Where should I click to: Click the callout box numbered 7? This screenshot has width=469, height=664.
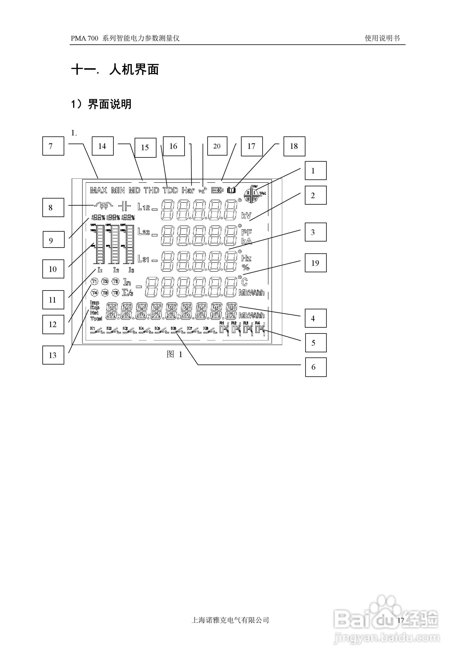(x=53, y=146)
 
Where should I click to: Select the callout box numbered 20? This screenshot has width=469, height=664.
(x=217, y=146)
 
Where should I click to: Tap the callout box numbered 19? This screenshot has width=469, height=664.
(x=315, y=263)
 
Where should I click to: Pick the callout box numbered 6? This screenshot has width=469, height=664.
(x=315, y=367)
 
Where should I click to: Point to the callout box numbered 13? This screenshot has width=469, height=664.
(x=53, y=355)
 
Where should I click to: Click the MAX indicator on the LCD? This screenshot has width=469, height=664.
(x=99, y=190)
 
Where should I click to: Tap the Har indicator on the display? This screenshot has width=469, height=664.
(x=188, y=190)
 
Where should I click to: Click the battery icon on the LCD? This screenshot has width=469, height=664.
(x=217, y=190)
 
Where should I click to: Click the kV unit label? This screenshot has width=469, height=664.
(x=246, y=216)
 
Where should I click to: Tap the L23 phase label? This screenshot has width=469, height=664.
(x=143, y=232)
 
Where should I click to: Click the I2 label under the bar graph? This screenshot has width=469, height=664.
(x=116, y=270)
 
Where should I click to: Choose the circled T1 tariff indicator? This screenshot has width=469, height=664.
(x=95, y=281)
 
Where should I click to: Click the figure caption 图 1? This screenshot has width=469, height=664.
(x=174, y=354)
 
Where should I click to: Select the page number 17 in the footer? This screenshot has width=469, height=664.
(x=400, y=620)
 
